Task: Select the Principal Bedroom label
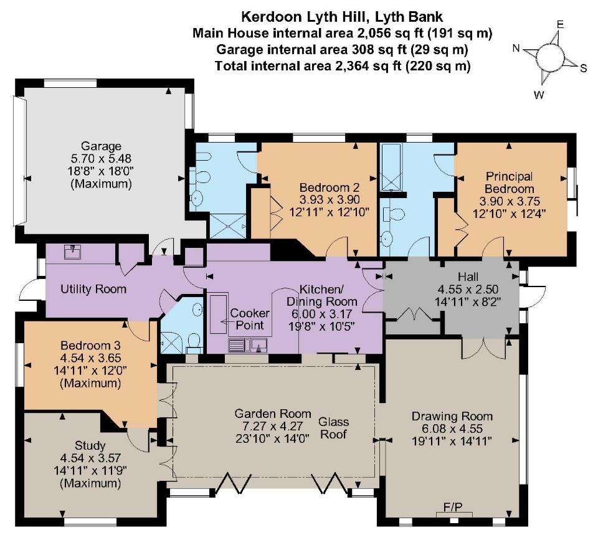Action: click(510, 182)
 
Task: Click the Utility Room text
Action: click(93, 290)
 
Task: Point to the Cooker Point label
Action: click(249, 319)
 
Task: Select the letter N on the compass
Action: click(516, 48)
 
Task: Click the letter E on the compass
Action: click(559, 24)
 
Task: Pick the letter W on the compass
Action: click(539, 95)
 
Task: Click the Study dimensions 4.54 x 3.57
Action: click(90, 458)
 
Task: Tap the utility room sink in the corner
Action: click(74, 252)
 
